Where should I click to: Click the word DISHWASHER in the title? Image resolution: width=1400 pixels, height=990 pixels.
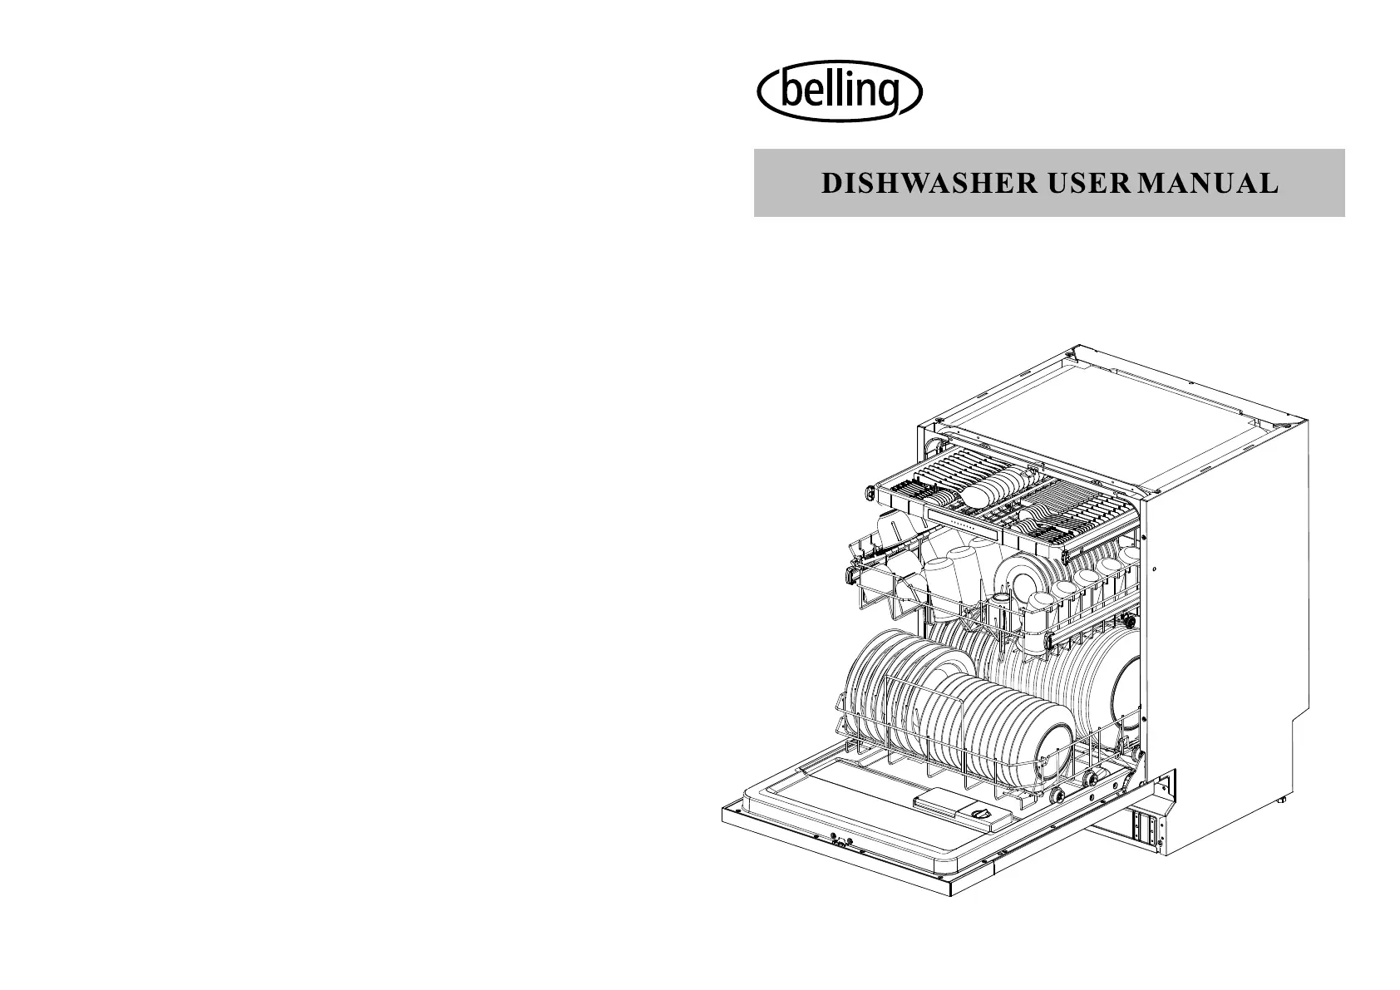929,184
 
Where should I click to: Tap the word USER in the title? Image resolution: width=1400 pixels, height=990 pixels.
1089,184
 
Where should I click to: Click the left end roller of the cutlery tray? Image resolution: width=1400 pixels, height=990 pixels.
870,492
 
